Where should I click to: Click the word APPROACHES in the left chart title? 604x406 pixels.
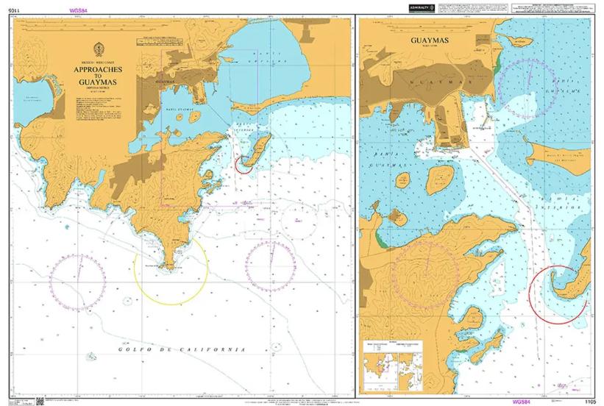[x=97, y=69]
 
